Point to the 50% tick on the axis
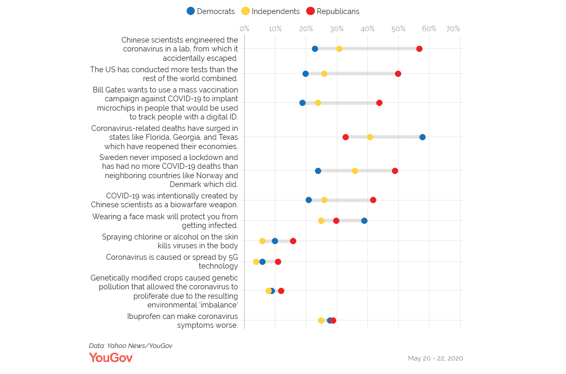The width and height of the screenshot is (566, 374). [398, 29]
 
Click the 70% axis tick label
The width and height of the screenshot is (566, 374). [453, 29]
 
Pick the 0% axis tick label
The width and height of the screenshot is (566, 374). [244, 29]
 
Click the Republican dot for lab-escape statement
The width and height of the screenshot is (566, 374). [419, 49]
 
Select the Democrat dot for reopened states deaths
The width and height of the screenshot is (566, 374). [423, 137]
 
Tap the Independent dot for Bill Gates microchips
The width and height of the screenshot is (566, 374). [318, 103]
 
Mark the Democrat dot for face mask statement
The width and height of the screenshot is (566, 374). [364, 221]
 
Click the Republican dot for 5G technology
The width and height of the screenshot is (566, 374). [278, 262]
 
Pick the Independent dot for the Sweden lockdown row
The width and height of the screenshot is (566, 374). [355, 171]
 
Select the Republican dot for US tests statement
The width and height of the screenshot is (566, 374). [398, 74]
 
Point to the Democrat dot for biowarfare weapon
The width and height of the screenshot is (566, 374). [309, 200]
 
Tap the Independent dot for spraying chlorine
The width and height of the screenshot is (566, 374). [262, 241]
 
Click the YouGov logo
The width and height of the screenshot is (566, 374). [111, 357]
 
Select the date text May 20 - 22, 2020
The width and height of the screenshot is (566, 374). [435, 358]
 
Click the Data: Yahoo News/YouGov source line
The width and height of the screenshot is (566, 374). [130, 346]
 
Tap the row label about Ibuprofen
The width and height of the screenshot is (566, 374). [182, 320]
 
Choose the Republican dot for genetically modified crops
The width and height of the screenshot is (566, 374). [281, 291]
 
